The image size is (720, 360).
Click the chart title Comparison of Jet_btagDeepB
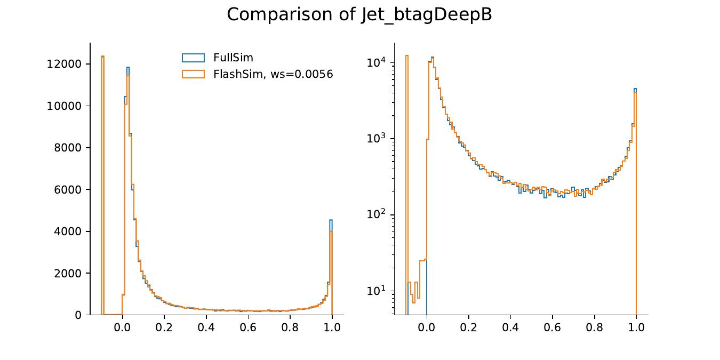pos(359,14)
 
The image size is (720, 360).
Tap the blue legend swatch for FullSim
pos(193,58)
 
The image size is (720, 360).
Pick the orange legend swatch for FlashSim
pos(193,74)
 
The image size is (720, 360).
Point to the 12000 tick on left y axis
pos(64,64)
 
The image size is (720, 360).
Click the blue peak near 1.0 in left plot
pos(331,220)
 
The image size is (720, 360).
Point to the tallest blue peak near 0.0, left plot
pos(128,68)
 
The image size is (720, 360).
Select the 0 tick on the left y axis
pos(78,315)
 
